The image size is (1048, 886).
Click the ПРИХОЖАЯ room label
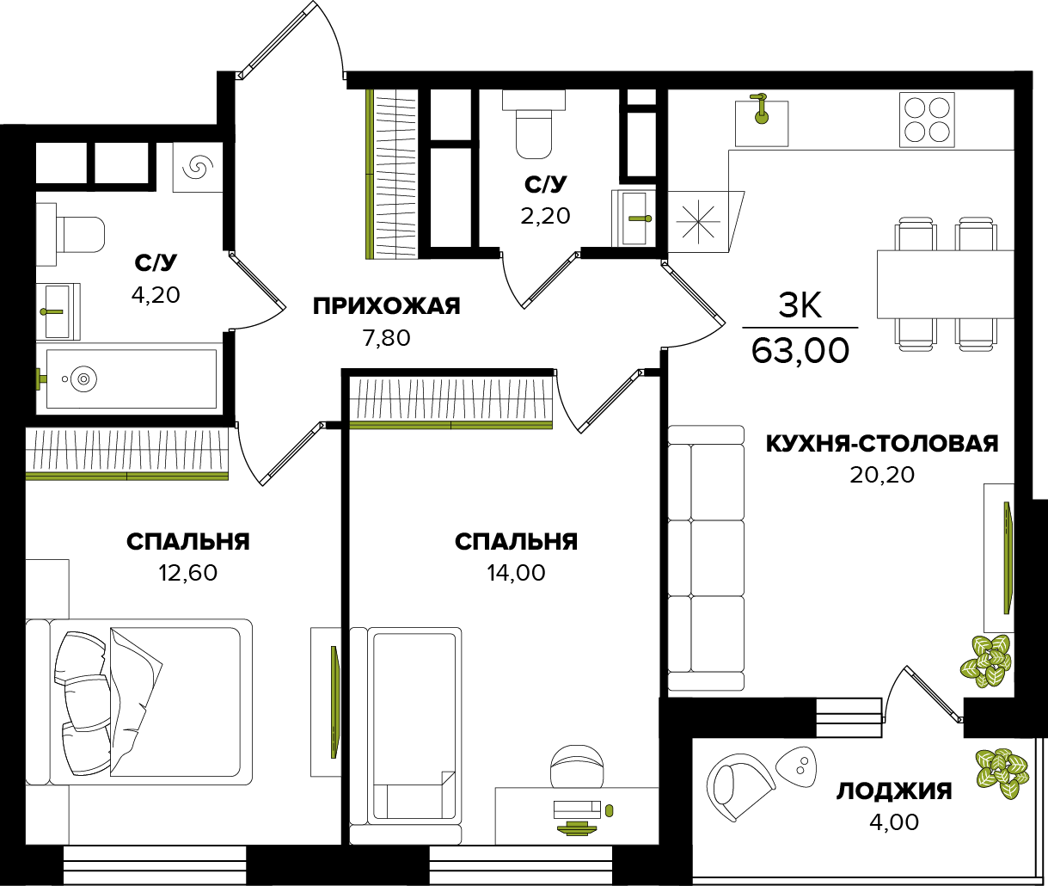click(387, 306)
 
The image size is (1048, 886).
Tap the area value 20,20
click(882, 475)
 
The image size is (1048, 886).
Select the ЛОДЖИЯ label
click(894, 791)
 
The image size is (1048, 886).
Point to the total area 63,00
click(800, 351)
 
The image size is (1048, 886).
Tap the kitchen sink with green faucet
click(762, 123)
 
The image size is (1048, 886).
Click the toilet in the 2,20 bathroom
click(534, 124)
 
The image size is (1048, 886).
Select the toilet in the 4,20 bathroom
click(70, 235)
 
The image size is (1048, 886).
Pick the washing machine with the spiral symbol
click(198, 167)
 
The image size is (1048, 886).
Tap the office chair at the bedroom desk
click(577, 766)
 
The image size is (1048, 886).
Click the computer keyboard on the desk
click(577, 809)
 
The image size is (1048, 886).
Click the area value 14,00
click(516, 573)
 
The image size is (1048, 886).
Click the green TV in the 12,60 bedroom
click(334, 702)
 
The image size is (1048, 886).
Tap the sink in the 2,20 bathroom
click(634, 218)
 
